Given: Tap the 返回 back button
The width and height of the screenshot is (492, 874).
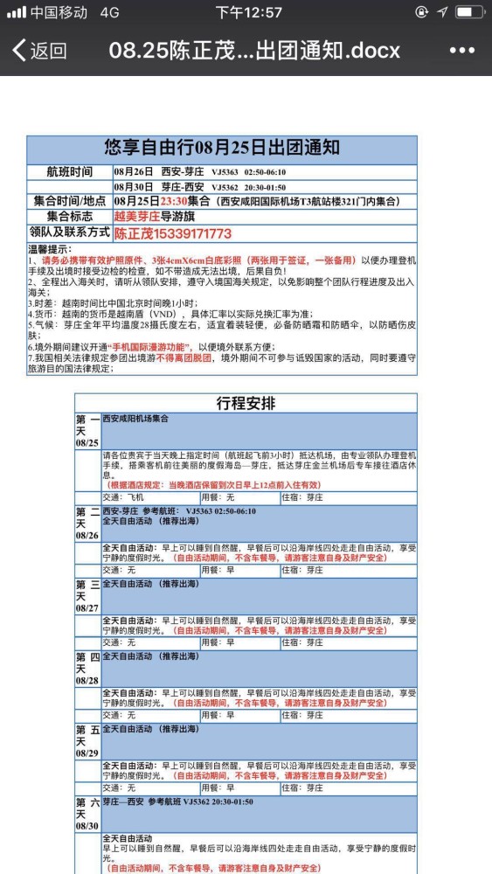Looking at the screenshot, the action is pyautogui.click(x=39, y=51).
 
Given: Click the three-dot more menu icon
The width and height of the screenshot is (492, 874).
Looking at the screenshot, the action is pyautogui.click(x=461, y=51).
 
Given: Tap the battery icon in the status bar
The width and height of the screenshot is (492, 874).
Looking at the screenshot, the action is pyautogui.click(x=469, y=12).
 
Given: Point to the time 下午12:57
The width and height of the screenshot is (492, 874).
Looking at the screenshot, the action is pyautogui.click(x=249, y=12).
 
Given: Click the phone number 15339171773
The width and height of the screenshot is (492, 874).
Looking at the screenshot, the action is pyautogui.click(x=192, y=233).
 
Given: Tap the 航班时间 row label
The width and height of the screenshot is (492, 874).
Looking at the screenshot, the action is pyautogui.click(x=69, y=172).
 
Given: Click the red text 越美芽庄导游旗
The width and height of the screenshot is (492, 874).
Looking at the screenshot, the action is pyautogui.click(x=152, y=217).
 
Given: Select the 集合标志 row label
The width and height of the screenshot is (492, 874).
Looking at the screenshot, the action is pyautogui.click(x=69, y=217).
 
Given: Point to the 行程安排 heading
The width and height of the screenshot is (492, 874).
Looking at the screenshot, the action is pyautogui.click(x=246, y=403).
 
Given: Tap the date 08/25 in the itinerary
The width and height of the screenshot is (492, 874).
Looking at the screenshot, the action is pyautogui.click(x=87, y=443).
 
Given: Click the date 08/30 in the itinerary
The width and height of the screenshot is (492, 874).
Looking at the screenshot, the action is pyautogui.click(x=87, y=824).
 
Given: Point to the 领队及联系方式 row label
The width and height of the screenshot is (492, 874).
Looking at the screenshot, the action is pyautogui.click(x=69, y=233).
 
